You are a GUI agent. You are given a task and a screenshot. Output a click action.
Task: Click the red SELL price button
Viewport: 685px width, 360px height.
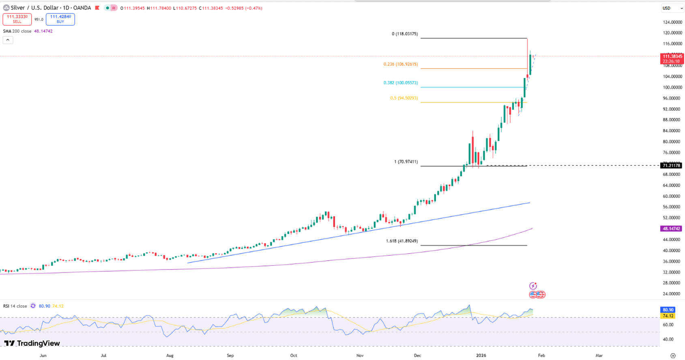click(x=17, y=19)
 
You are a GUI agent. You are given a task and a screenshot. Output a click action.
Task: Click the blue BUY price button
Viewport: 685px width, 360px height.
click(x=60, y=19)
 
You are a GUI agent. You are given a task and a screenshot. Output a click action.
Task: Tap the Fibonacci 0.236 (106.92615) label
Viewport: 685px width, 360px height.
click(x=400, y=64)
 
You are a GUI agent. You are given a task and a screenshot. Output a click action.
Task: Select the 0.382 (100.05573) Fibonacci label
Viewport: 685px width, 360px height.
click(x=400, y=83)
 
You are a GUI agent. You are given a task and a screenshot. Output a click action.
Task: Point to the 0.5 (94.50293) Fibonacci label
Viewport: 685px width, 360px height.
click(x=404, y=98)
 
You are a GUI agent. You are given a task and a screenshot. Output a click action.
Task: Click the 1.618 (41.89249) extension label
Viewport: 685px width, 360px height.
click(x=402, y=241)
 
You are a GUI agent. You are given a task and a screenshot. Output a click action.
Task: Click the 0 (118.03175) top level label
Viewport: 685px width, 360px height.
click(x=404, y=34)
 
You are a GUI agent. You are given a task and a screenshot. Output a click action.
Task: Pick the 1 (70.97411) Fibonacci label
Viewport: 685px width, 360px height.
click(x=406, y=162)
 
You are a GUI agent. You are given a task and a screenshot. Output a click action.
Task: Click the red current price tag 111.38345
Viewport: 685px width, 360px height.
click(x=672, y=56)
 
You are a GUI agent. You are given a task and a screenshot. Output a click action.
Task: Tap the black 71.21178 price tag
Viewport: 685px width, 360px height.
click(x=671, y=165)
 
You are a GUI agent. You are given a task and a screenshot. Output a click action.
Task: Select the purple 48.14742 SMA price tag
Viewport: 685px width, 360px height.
click(x=671, y=229)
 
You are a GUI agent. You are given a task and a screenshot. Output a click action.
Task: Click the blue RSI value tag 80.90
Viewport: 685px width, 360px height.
click(x=668, y=310)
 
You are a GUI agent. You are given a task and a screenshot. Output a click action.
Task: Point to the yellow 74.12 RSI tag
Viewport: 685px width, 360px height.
click(x=668, y=316)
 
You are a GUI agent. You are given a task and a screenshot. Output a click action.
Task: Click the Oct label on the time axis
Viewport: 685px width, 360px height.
click(x=293, y=356)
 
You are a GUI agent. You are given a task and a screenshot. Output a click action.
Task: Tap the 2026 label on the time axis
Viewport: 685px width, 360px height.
click(x=481, y=356)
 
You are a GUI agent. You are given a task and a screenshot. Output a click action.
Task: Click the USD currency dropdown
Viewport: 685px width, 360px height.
click(x=672, y=8)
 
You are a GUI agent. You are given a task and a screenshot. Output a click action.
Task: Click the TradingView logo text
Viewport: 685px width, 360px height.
click(x=32, y=343)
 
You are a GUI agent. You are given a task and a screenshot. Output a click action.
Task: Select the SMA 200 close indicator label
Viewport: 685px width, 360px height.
click(x=17, y=31)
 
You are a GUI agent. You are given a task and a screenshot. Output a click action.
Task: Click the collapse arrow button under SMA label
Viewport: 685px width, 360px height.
click(x=8, y=40)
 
